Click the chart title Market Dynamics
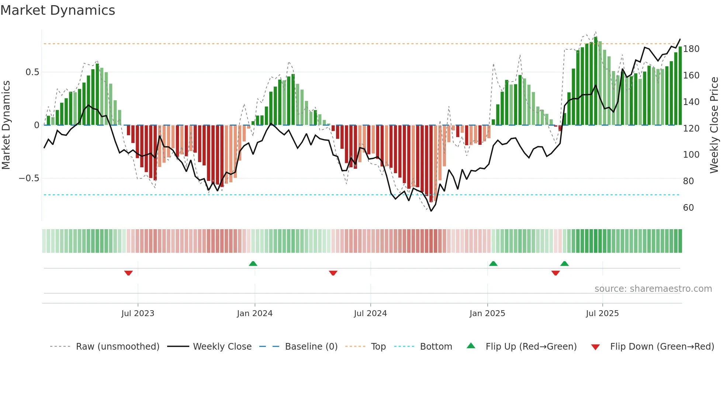pos(58,10)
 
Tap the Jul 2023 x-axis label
pos(138,314)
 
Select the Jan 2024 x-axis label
pos(255,314)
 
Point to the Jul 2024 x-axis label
pos(370,314)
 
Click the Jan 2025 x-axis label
pos(487,314)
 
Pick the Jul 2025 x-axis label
pos(602,314)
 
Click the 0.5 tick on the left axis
pos(32,72)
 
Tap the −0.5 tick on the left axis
pos(29,178)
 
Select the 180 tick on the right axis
pos(691,49)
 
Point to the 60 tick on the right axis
pos(688,208)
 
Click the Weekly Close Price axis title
pos(714,125)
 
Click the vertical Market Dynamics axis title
pos(6,125)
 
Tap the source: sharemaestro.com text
pos(653,289)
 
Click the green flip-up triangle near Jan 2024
pos(253,264)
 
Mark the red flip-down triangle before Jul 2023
pos(128,273)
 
